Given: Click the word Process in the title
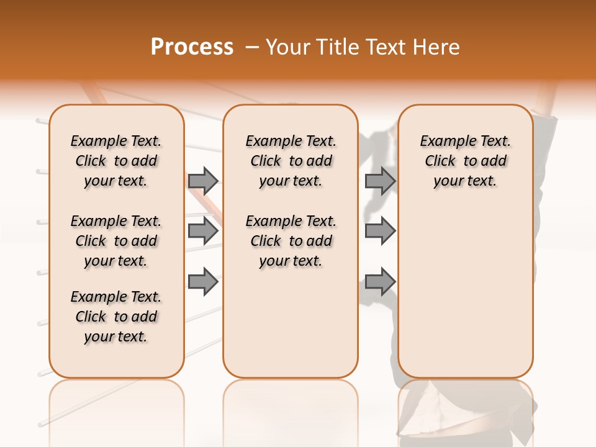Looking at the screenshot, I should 192,47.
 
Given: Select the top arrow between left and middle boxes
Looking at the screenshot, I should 202,181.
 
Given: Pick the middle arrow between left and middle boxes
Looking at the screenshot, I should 202,231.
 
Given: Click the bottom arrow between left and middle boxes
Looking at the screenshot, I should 202,281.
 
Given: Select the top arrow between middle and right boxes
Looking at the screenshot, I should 380,181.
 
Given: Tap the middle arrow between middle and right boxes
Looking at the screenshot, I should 380,231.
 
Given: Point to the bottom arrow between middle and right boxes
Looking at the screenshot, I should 380,281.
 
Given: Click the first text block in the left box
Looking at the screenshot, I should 116,161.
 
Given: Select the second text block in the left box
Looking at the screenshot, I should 116,241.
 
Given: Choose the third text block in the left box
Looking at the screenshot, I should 116,317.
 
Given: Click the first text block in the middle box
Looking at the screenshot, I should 291,161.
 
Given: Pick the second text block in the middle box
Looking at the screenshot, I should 291,241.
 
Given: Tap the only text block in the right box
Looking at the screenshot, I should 466,161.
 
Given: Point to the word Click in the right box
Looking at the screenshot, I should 440,161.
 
